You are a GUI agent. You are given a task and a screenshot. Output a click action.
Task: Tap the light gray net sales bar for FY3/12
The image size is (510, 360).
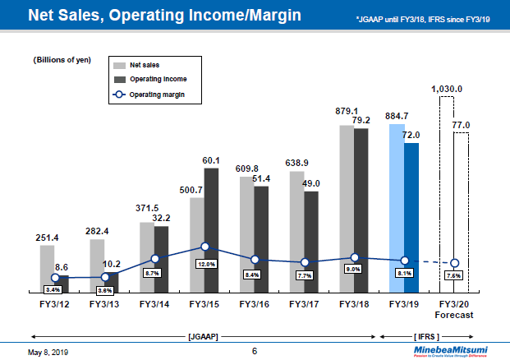coord(47,268)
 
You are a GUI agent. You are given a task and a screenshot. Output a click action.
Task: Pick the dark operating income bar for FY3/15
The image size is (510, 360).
coord(212,230)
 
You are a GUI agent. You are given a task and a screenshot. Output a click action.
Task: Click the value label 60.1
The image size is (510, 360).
coord(212,160)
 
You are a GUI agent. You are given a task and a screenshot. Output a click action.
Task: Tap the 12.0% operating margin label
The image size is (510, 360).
coord(205,264)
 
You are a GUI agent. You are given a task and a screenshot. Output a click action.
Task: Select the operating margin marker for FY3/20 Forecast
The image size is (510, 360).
coord(456,263)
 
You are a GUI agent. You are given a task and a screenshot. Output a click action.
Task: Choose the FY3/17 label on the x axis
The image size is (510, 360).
coord(305,304)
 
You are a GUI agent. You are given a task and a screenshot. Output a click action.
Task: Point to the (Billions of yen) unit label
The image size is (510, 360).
coord(62,61)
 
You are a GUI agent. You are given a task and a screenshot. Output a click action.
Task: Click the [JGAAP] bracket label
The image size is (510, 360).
coord(204,335)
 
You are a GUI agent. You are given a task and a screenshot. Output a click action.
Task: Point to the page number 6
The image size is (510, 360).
coord(255,351)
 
